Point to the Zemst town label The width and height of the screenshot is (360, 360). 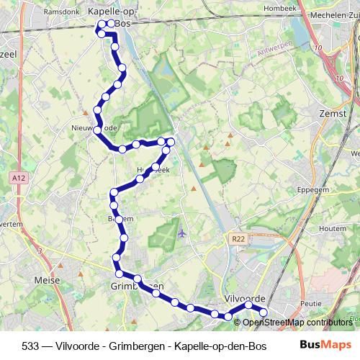333,114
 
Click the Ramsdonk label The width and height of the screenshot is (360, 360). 60,12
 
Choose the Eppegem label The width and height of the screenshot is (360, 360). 313,190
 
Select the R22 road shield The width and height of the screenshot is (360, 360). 239,238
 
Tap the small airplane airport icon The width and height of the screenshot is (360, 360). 181,233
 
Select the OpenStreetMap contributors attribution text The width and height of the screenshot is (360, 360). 299,323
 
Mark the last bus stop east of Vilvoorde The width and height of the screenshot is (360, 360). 262,312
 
